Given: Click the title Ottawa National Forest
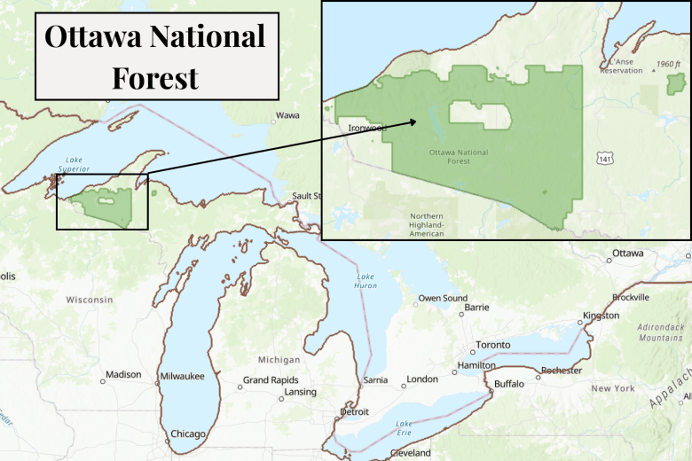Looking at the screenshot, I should (x=155, y=56).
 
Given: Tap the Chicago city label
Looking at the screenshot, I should (x=188, y=434).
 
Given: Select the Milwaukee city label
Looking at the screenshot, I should (x=182, y=377).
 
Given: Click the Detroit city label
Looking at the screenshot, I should (x=354, y=412).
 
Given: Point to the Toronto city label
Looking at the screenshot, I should (x=492, y=344).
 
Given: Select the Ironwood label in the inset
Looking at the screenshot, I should (x=367, y=128).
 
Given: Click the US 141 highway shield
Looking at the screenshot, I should (x=604, y=158).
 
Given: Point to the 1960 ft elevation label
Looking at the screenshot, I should (x=669, y=65).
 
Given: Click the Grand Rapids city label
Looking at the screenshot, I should (x=271, y=380).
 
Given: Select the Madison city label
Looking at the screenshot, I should (x=123, y=374).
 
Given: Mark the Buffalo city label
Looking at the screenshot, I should (x=508, y=384).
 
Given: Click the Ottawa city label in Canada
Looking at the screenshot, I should (x=627, y=254).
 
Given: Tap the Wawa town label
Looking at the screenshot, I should (x=287, y=115).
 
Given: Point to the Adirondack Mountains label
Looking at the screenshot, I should (x=661, y=332).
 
